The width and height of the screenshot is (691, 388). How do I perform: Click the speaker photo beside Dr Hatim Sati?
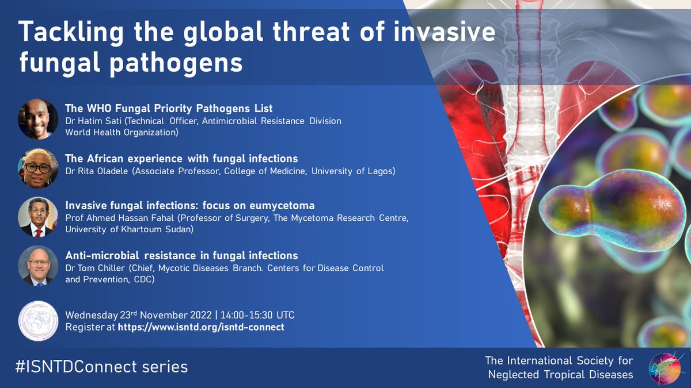click(38, 119)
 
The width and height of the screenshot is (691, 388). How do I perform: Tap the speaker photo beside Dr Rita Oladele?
click(38, 168)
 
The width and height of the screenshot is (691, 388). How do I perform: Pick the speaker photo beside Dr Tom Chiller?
click(38, 266)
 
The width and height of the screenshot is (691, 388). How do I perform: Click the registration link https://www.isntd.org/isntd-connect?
click(201, 327)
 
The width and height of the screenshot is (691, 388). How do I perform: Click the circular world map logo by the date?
click(38, 321)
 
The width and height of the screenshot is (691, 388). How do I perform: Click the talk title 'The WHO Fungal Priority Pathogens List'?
click(169, 108)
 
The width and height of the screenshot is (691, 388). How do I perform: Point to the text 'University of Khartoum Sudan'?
click(127, 229)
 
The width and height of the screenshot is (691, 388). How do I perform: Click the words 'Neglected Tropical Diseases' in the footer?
click(560, 374)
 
